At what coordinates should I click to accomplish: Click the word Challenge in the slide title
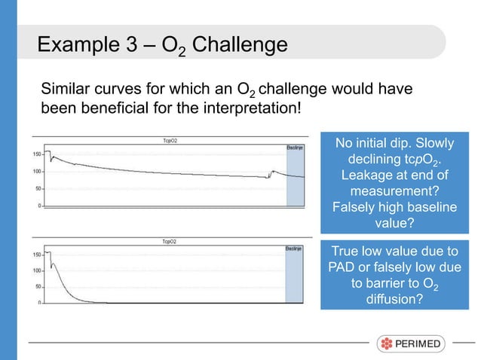pos(240,44)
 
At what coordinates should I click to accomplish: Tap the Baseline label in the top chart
pos(295,148)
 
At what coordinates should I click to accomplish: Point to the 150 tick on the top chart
pos(35,154)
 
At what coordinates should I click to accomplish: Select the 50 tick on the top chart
pos(38,188)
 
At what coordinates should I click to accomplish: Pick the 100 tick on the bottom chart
pos(35,270)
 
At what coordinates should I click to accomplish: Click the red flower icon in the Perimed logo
pos(386,345)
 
